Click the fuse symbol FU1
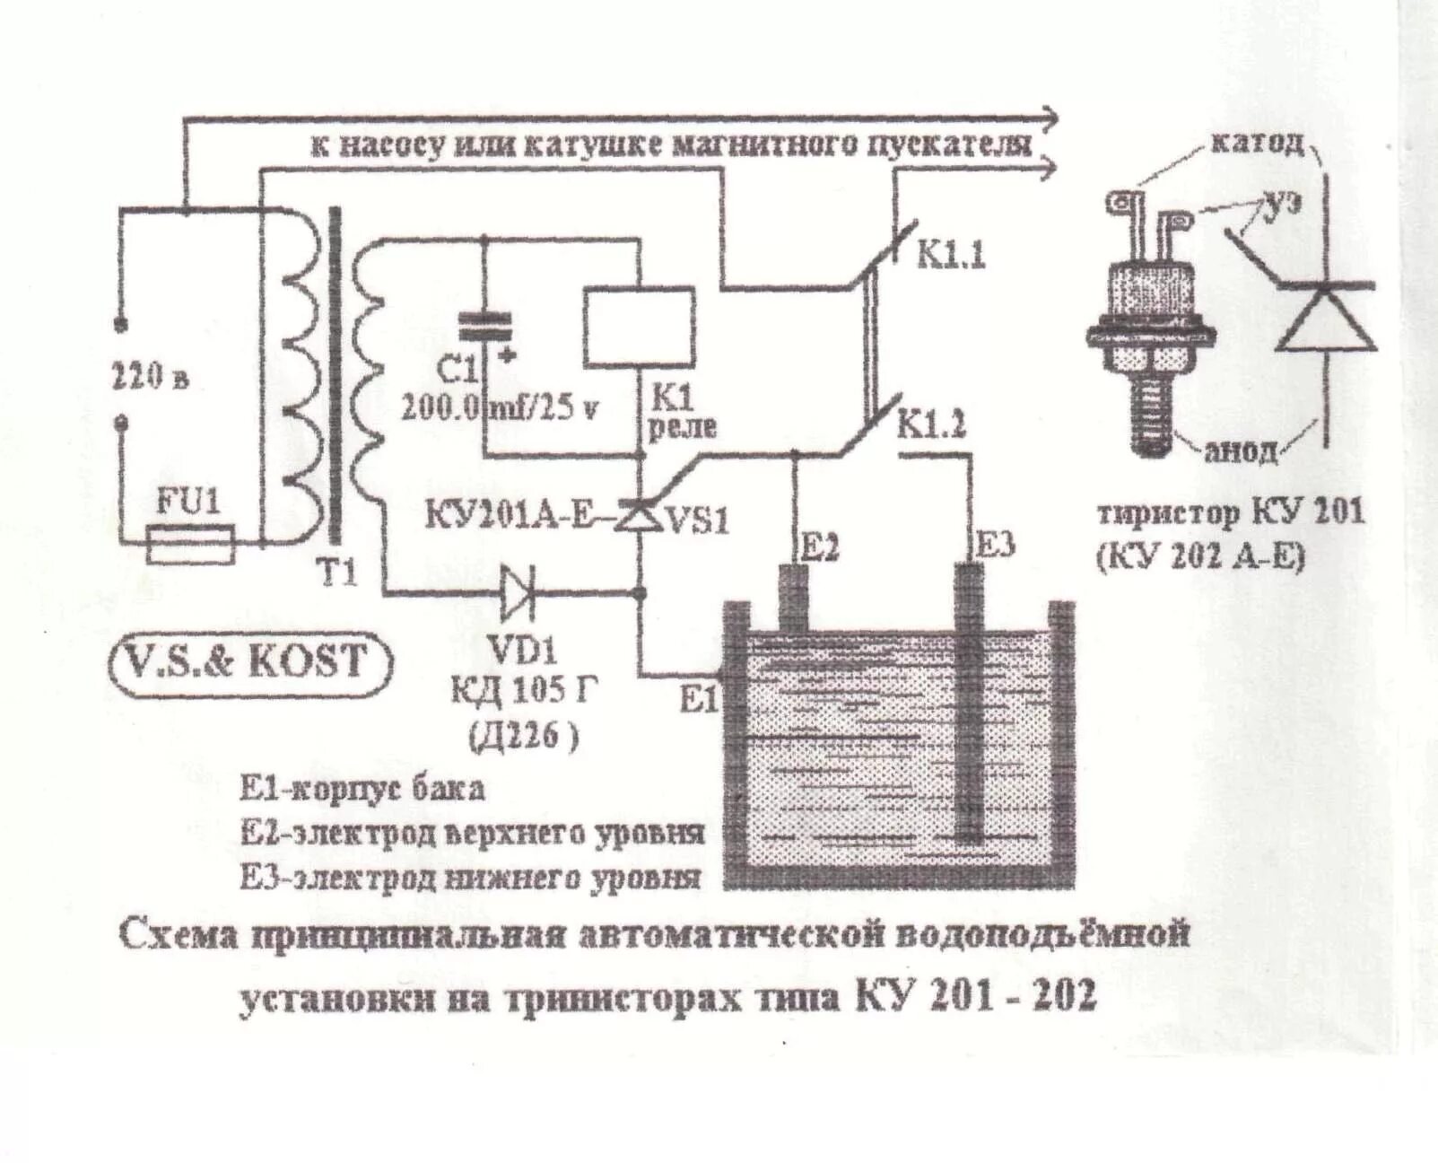[190, 545]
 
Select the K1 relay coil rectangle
[638, 327]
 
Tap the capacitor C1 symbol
[484, 327]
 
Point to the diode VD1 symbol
[519, 593]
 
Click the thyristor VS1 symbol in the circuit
[639, 518]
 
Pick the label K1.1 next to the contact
[950, 255]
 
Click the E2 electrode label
[817, 547]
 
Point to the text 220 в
[150, 377]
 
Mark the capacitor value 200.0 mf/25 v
[499, 408]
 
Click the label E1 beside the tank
[699, 699]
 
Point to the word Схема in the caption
[179, 936]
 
